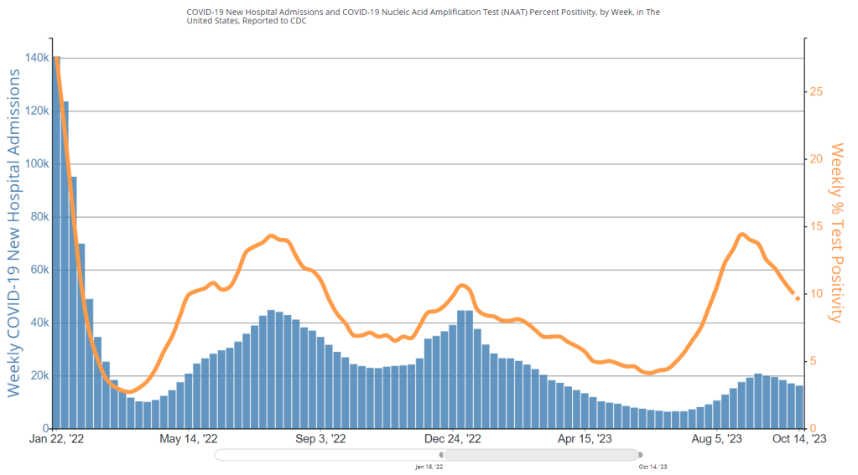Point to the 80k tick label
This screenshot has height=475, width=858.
(36, 216)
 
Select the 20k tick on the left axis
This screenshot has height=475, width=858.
(36, 375)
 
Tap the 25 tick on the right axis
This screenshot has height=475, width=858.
(816, 90)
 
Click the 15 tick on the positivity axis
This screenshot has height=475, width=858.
(816, 226)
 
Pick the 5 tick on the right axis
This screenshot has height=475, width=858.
(814, 362)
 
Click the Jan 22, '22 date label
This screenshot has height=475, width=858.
(56, 439)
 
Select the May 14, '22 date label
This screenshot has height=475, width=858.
(189, 439)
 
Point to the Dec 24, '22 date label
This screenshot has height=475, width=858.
(453, 439)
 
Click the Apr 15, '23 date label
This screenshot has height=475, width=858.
(585, 439)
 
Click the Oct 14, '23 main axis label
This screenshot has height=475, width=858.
(798, 439)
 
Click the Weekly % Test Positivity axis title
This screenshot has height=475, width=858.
(835, 232)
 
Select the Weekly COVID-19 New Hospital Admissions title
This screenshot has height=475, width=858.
(14, 233)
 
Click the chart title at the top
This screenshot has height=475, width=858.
(429, 17)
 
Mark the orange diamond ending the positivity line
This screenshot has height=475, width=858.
(797, 297)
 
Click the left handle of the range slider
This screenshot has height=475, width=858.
(443, 455)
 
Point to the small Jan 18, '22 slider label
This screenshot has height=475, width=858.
(429, 466)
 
